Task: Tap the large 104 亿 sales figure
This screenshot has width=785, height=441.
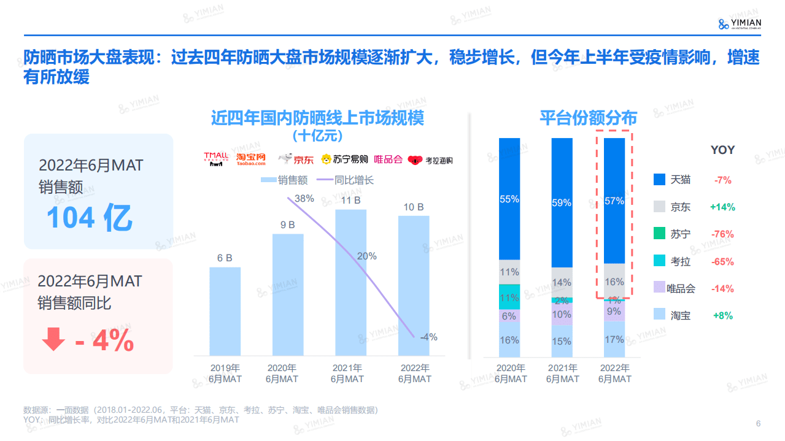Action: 89,218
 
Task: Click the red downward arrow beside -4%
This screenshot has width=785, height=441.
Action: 54,340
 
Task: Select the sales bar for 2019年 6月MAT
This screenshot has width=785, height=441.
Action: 225,311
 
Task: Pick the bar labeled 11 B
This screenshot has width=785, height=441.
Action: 350,282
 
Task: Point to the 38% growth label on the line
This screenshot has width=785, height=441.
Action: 304,199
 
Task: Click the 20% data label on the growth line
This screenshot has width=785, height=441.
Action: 366,256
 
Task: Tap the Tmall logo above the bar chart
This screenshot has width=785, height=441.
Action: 216,159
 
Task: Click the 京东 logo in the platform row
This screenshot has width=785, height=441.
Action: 296,159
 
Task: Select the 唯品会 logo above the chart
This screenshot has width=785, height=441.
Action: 388,159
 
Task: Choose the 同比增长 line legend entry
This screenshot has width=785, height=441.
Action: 345,180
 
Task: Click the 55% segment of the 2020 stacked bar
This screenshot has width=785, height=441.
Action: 509,199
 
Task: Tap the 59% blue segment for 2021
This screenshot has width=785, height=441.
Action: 562,202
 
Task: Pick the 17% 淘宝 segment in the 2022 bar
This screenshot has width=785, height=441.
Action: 614,339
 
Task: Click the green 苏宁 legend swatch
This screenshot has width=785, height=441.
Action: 659,234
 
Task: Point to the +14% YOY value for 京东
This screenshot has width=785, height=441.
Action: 722,207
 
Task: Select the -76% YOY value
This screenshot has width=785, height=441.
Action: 722,234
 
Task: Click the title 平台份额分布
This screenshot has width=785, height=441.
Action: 588,118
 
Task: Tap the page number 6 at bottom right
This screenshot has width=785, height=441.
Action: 758,424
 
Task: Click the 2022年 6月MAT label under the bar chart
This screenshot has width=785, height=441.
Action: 414,374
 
